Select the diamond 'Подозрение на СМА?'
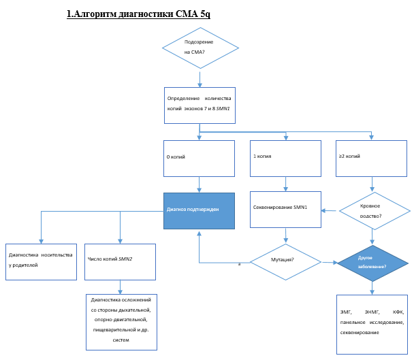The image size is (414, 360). pyautogui.click(x=200, y=48)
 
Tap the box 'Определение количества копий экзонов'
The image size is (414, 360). pyautogui.click(x=200, y=105)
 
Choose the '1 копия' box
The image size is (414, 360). pyautogui.click(x=285, y=158)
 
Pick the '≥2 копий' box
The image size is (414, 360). pyautogui.click(x=371, y=158)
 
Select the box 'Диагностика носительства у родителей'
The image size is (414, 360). pyautogui.click(x=41, y=261)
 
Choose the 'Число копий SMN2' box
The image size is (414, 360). pyautogui.click(x=121, y=261)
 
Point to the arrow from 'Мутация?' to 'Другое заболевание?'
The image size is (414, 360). pyautogui.click(x=330, y=262)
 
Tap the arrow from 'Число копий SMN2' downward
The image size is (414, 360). pyautogui.click(x=121, y=287)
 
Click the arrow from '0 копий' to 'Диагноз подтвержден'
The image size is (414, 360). pyautogui.click(x=200, y=184)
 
